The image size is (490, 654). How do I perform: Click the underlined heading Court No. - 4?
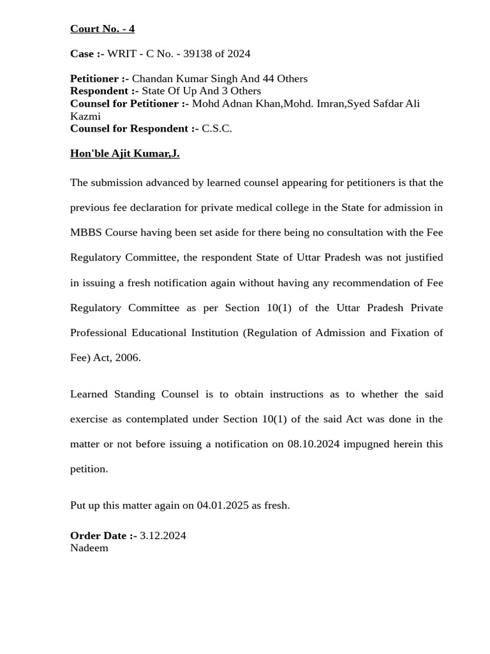[102, 29]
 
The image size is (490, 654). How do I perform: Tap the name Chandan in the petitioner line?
[151, 79]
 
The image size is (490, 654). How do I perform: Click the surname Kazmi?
[85, 116]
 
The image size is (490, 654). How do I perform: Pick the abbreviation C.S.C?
[217, 128]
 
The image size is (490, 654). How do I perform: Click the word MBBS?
[85, 232]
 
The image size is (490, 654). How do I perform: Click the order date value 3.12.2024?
[163, 535]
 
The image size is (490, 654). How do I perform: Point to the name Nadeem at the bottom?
[89, 547]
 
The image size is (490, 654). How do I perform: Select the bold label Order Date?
[103, 535]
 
